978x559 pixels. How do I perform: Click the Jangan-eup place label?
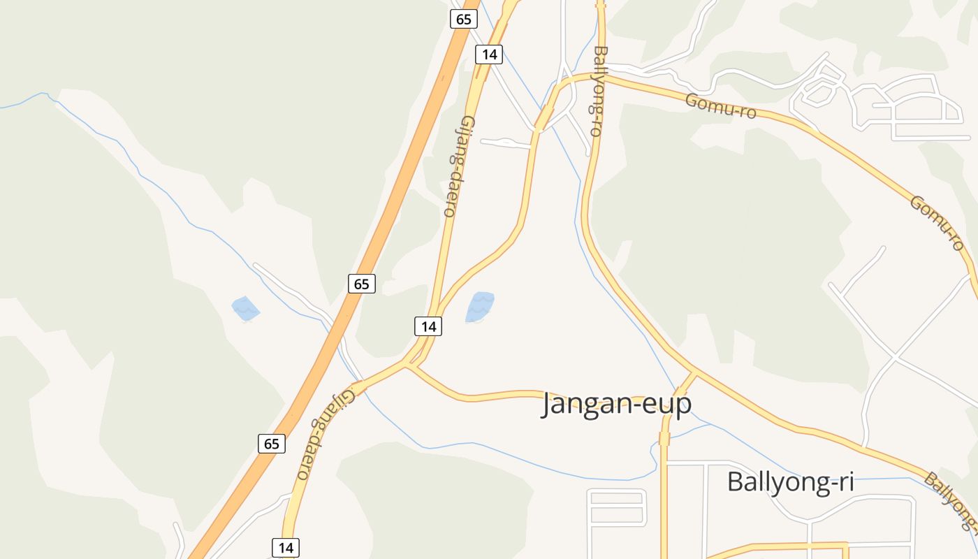[x=616, y=404]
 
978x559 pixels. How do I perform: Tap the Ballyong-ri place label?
[x=791, y=481]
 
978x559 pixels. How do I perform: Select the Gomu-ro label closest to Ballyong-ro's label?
[x=720, y=106]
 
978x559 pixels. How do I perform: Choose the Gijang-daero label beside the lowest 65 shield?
[x=325, y=433]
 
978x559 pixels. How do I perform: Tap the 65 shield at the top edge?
[x=463, y=19]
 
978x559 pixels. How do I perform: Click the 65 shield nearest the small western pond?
[x=361, y=284]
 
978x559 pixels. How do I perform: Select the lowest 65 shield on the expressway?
[x=271, y=443]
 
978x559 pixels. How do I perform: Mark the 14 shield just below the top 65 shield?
[x=489, y=54]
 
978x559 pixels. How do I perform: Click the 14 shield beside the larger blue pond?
[x=428, y=326]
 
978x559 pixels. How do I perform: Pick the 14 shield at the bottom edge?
[x=286, y=547]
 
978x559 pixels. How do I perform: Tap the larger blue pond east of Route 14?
[x=480, y=307]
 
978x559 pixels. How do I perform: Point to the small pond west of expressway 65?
[x=245, y=308]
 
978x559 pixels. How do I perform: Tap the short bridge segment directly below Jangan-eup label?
[x=664, y=439]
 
